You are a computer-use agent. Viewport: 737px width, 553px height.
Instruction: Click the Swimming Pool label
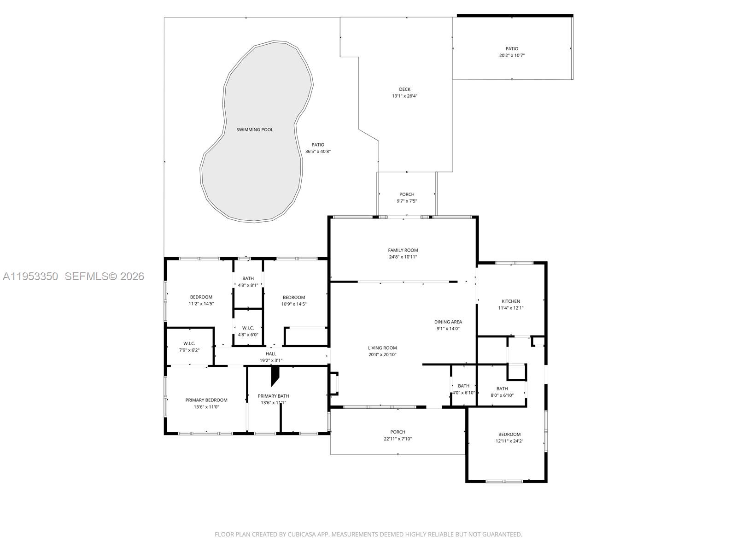(x=255, y=129)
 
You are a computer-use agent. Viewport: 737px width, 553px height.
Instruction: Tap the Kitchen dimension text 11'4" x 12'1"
(x=510, y=308)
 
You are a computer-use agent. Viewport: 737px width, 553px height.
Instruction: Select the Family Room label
(x=403, y=250)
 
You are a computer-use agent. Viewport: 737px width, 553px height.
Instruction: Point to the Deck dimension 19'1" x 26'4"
(x=404, y=96)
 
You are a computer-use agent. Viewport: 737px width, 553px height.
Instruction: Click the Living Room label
(x=382, y=348)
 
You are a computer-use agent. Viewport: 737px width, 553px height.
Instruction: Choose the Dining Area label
(x=448, y=322)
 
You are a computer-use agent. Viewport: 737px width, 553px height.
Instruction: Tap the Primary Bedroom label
(x=206, y=400)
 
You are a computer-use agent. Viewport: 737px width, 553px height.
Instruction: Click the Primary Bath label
(x=273, y=396)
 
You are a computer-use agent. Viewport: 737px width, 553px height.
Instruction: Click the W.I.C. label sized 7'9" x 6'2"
(x=189, y=343)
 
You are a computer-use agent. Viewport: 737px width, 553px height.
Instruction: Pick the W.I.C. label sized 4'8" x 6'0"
(x=248, y=328)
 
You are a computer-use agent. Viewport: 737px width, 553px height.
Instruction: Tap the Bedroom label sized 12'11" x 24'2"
(x=509, y=434)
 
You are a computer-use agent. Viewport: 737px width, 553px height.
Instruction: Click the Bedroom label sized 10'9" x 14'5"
(x=293, y=297)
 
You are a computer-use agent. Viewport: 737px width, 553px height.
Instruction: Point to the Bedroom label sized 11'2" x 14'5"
(x=201, y=297)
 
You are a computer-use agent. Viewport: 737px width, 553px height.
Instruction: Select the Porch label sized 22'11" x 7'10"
(x=398, y=432)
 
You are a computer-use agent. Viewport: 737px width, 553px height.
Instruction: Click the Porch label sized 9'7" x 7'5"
(x=407, y=194)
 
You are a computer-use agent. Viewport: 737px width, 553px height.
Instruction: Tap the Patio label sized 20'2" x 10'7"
(x=512, y=48)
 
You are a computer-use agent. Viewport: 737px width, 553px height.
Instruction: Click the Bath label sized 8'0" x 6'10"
(x=502, y=388)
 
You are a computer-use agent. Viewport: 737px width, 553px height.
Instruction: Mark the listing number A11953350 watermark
(x=30, y=276)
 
